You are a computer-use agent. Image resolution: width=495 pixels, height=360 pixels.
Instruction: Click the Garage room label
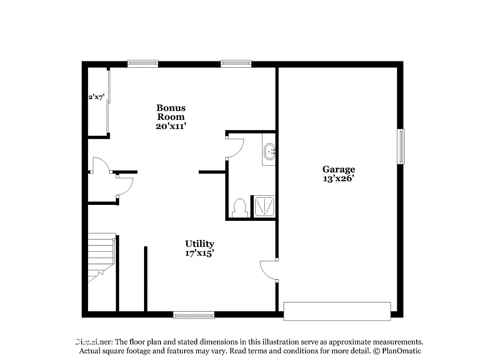339,169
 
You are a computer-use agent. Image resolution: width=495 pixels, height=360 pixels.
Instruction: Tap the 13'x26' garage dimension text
339,178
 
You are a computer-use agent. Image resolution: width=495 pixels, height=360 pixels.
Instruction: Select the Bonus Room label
171,112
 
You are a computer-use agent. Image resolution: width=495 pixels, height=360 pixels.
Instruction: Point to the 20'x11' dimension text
171,126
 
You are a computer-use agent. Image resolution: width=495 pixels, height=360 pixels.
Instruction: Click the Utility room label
200,244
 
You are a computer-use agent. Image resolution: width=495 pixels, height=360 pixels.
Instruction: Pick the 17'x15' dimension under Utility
200,252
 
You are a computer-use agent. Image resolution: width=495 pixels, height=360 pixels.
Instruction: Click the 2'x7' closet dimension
96,97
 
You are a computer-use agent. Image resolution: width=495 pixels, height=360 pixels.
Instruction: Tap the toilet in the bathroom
239,207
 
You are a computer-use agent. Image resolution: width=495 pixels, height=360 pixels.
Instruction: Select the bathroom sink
269,151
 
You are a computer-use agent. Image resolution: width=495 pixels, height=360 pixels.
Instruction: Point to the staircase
101,256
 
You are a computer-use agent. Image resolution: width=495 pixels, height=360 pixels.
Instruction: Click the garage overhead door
337,311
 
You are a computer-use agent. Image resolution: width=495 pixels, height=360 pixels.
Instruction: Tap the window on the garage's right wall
401,146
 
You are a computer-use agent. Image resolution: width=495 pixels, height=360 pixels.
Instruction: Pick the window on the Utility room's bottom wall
193,315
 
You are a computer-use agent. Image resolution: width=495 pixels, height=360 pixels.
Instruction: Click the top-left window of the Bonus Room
143,63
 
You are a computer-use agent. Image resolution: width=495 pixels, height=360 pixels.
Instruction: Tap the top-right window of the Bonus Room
236,63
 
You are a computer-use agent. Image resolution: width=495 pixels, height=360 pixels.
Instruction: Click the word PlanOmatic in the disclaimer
401,351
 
